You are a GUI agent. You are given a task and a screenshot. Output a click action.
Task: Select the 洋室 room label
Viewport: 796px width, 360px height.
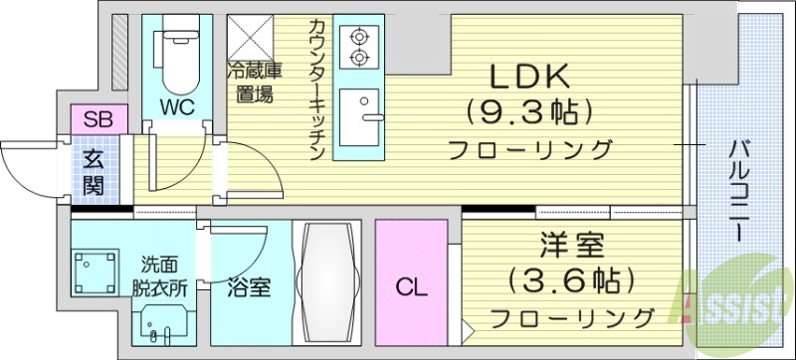569,245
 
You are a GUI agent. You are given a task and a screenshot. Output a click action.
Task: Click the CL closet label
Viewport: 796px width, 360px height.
412,288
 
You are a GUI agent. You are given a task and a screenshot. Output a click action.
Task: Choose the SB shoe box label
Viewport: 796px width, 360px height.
98,120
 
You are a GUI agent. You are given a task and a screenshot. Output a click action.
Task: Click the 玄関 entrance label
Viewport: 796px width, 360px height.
94,170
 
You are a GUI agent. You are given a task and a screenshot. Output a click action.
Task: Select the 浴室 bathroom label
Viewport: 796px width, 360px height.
249,288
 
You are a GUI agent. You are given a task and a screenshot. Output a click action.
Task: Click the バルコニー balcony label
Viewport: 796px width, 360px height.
739,189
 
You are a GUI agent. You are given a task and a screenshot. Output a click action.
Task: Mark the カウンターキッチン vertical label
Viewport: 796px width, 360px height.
316,90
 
